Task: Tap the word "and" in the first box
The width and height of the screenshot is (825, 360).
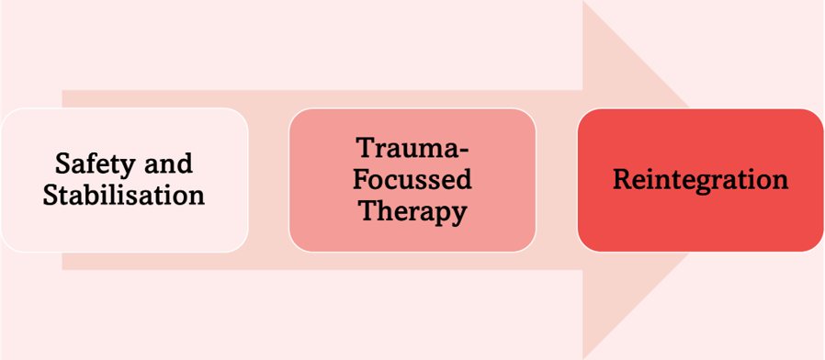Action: point(169,163)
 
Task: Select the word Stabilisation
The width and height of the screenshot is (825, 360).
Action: point(123,195)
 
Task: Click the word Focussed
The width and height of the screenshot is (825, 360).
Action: point(412,179)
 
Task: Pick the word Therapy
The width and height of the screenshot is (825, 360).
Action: point(412,211)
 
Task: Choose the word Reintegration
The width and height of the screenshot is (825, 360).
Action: point(700,179)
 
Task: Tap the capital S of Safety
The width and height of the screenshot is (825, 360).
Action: point(62,163)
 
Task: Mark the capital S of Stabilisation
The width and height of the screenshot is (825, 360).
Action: point(51,195)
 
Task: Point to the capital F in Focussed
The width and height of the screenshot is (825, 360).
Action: point(359,179)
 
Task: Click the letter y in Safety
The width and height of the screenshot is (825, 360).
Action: point(130,167)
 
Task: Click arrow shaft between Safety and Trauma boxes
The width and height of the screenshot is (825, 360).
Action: point(268,180)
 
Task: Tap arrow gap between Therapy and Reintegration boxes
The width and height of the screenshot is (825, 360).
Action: point(557,180)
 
